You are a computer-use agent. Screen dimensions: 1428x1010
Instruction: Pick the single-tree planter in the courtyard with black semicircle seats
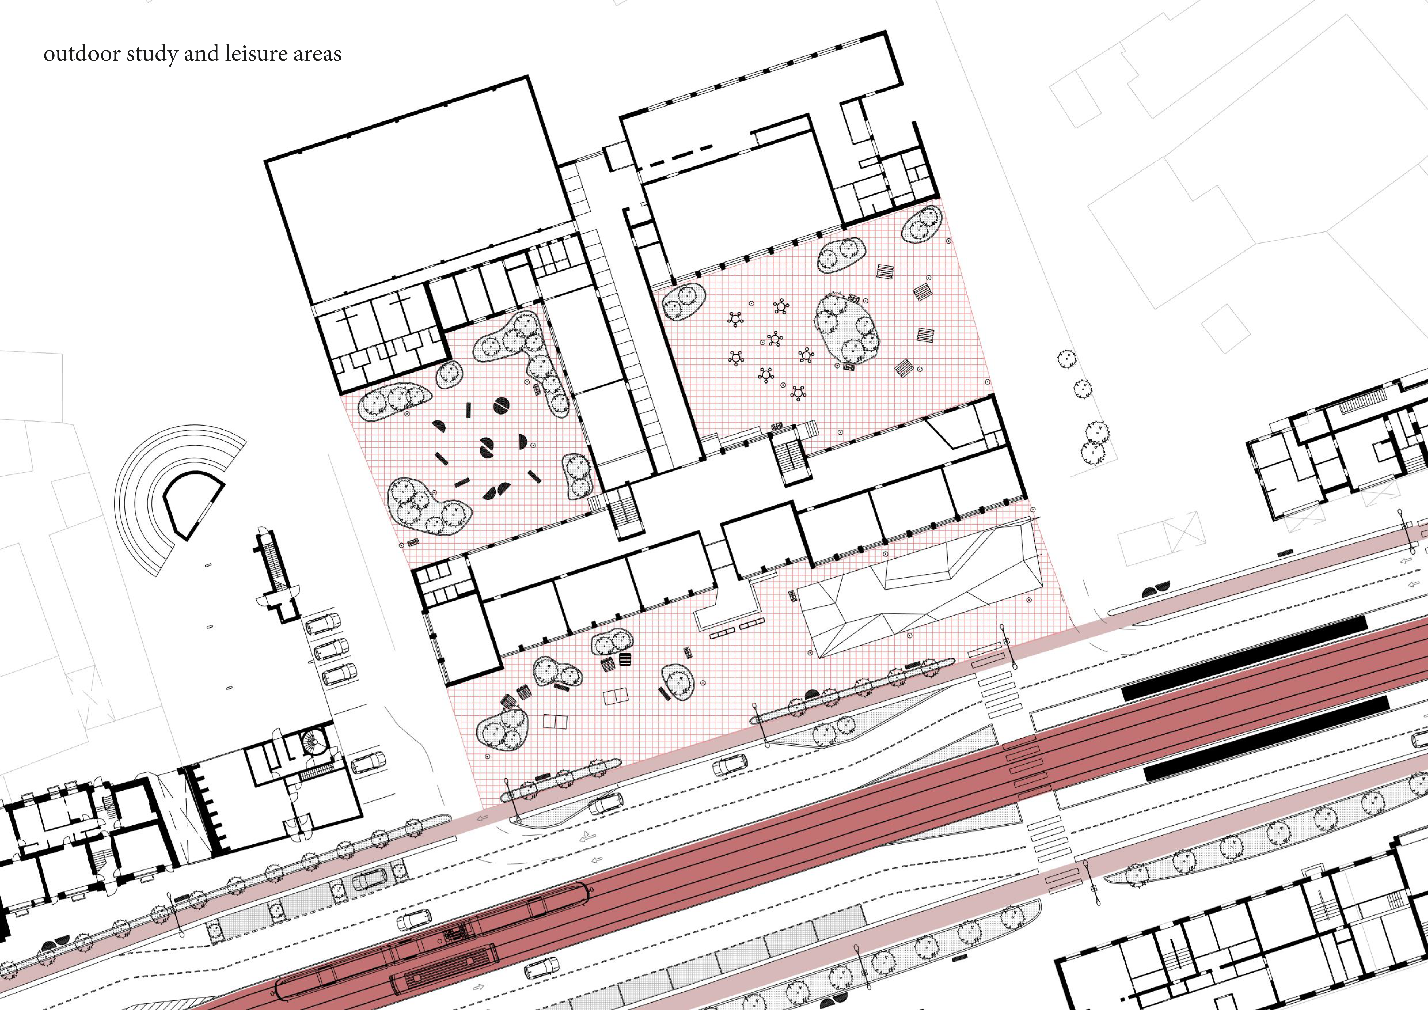pos(449,374)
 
